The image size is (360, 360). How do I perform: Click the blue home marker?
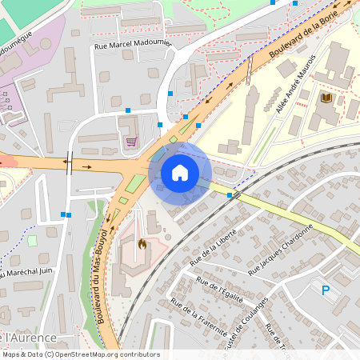pyautogui.click(x=180, y=172)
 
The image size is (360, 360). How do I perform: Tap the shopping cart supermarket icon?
pyautogui.click(x=130, y=142)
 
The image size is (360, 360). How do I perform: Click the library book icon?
pyautogui.click(x=326, y=98)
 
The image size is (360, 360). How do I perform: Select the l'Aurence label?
pyautogui.click(x=26, y=338)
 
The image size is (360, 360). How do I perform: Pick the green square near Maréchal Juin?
pyautogui.click(x=32, y=240)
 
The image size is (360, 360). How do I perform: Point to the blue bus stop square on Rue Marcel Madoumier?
pyautogui.click(x=127, y=110)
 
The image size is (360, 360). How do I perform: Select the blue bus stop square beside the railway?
pyautogui.click(x=230, y=194)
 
